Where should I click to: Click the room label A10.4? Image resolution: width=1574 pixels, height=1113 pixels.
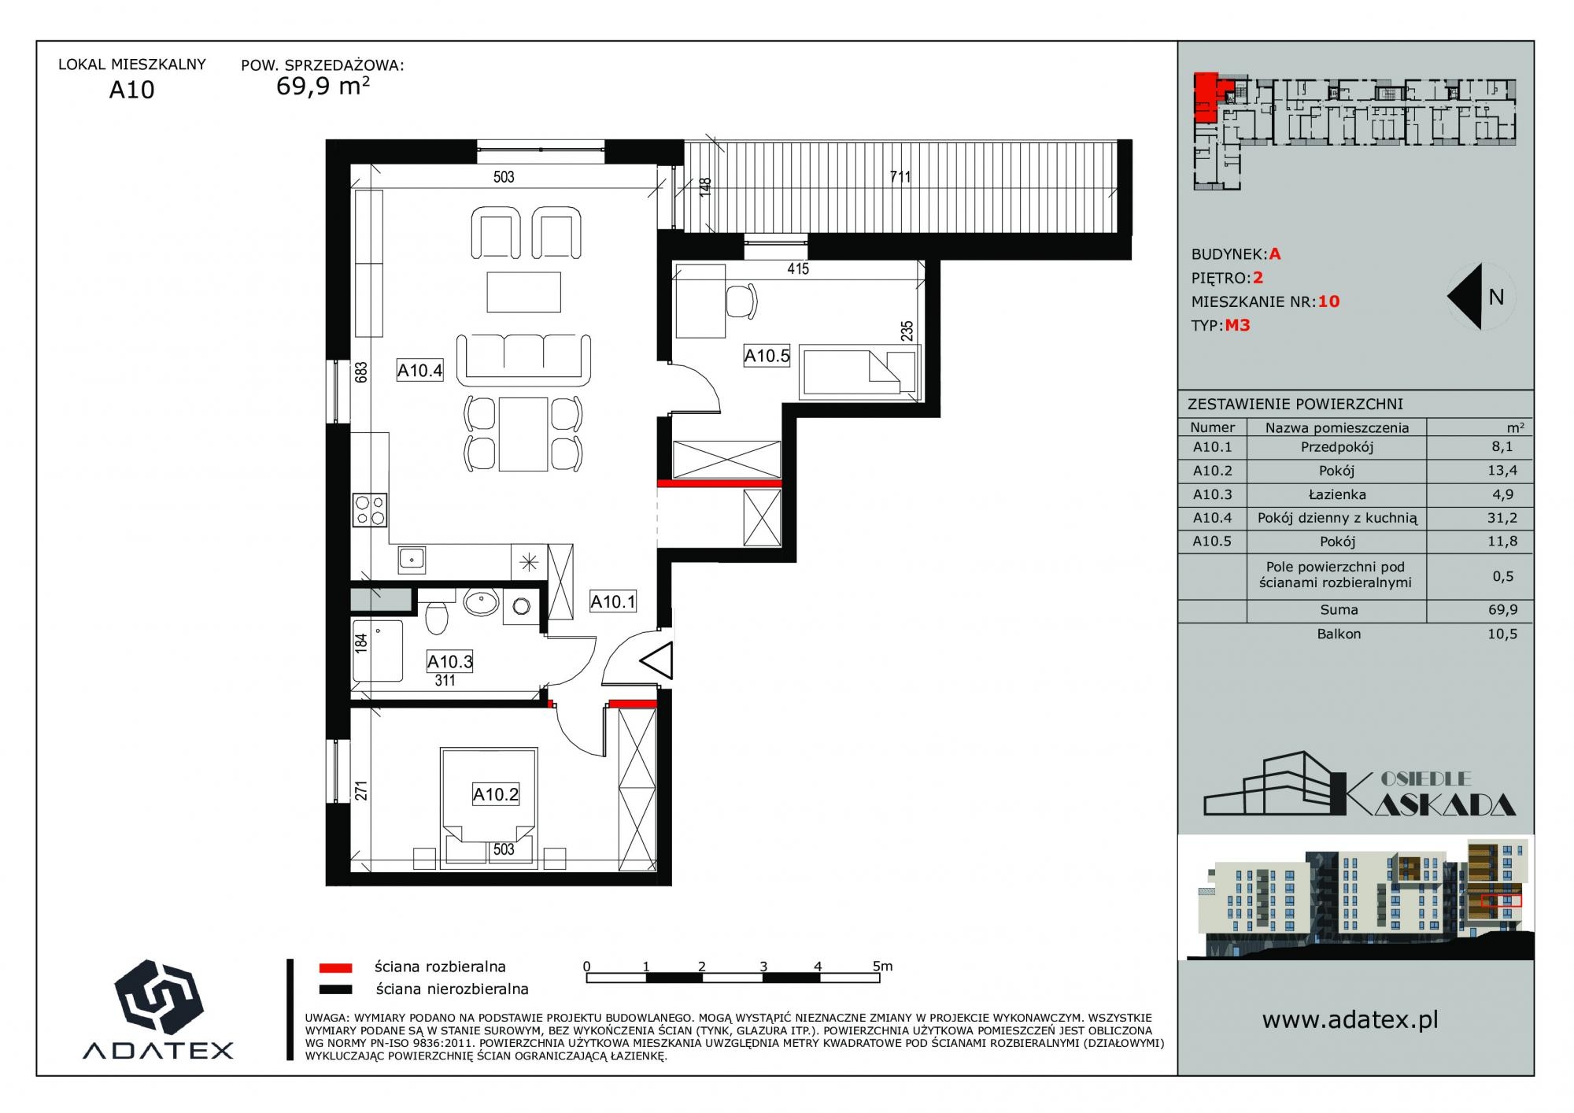click(419, 370)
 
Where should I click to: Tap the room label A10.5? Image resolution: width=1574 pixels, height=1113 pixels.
click(767, 356)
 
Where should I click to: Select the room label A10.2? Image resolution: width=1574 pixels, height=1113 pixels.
click(496, 794)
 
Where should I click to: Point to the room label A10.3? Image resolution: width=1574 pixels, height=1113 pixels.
click(450, 661)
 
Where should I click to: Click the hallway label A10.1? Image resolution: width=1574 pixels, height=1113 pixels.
click(613, 602)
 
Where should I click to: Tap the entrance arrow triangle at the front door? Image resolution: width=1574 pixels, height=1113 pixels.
click(657, 660)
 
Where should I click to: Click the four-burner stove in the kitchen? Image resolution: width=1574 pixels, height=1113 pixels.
click(369, 509)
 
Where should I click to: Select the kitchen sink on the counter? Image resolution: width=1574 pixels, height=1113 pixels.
click(412, 559)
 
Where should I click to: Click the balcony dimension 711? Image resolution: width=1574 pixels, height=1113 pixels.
click(900, 177)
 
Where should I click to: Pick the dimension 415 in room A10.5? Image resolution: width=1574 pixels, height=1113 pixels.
click(798, 268)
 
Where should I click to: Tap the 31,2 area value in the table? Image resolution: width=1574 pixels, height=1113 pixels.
click(1502, 518)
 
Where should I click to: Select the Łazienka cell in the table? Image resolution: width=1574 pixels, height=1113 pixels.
click(1337, 494)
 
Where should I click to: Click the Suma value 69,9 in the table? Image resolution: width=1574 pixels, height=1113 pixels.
click(1503, 610)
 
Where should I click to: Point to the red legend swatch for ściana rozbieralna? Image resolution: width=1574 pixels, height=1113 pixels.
click(335, 968)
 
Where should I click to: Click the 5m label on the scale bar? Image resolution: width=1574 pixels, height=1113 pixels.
click(883, 966)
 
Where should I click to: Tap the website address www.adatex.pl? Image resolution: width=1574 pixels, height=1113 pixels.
click(1350, 1020)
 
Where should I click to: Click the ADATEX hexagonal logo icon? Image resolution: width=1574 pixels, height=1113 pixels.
click(159, 997)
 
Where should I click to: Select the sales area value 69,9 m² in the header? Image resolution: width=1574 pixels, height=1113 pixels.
click(323, 85)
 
